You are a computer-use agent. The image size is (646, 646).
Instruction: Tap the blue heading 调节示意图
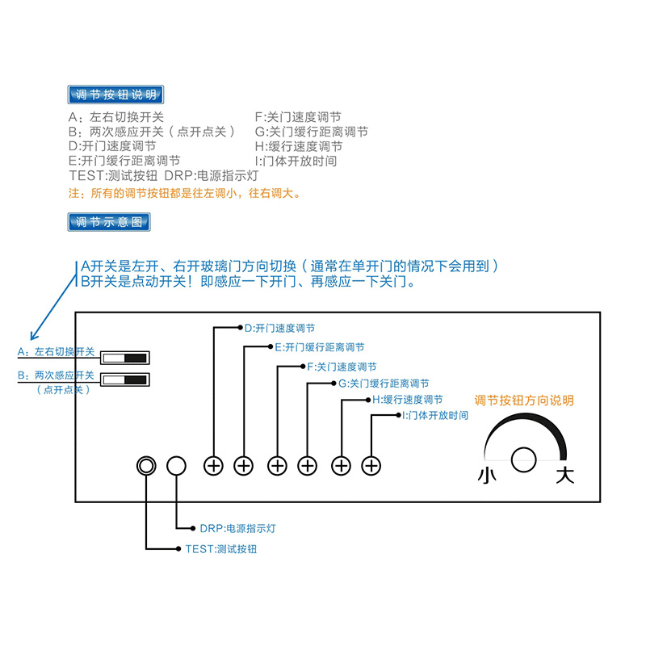tap(110, 221)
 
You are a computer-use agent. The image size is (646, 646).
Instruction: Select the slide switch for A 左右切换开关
tap(125, 358)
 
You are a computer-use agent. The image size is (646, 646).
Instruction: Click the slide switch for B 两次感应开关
tap(125, 380)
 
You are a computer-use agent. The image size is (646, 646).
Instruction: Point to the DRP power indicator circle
tap(176, 466)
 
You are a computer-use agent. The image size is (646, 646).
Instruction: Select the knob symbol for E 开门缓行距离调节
tap(244, 466)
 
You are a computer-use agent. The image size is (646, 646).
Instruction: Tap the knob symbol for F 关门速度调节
tap(277, 466)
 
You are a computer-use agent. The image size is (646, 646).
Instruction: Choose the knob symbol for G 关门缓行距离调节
tap(308, 466)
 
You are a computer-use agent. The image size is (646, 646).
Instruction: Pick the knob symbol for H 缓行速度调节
tap(342, 466)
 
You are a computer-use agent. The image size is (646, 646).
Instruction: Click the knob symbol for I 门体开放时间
tap(371, 466)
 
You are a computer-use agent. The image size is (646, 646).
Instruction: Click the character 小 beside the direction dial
tap(488, 475)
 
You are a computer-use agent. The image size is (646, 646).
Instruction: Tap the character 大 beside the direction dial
tap(564, 475)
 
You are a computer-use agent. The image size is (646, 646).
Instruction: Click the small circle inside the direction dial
tap(524, 458)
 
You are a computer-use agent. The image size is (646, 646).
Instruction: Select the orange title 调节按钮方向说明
tap(524, 400)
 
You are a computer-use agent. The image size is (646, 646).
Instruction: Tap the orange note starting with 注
tap(185, 194)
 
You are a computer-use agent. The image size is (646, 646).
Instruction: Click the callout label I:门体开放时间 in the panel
tap(435, 416)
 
